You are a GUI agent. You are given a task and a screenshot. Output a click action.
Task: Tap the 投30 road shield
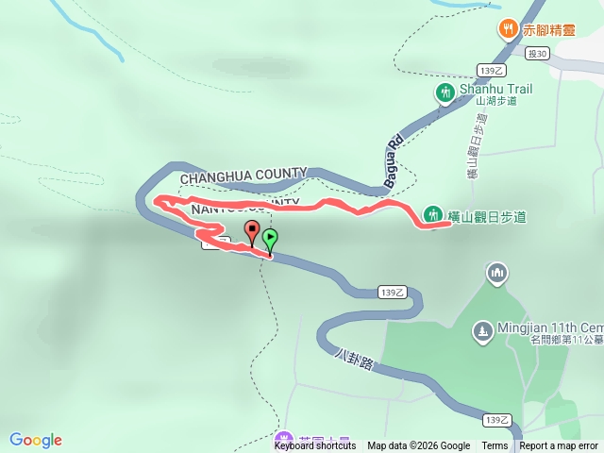click(538, 55)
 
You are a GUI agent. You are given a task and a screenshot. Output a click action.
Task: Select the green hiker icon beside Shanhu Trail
click(445, 92)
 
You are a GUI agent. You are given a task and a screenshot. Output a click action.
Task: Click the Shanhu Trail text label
click(495, 89)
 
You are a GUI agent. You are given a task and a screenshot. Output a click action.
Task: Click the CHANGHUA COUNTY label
click(243, 175)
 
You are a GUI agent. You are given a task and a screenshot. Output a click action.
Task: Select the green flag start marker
click(270, 241)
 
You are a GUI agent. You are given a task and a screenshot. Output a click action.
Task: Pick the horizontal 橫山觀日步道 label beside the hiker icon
click(487, 217)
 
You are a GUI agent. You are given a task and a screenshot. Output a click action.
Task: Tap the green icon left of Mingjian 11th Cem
click(482, 332)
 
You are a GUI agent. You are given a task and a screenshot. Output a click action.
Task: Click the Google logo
click(36, 440)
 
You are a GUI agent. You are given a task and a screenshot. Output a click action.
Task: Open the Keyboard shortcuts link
click(315, 446)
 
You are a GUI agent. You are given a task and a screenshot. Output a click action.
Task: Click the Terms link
click(495, 446)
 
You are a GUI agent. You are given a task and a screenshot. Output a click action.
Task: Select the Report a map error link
click(559, 446)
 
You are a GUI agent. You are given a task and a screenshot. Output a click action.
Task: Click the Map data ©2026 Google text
click(418, 446)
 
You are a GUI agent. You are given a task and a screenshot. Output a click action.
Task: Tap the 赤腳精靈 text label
click(549, 29)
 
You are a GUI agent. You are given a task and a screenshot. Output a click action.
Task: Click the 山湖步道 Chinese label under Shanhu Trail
click(496, 102)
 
